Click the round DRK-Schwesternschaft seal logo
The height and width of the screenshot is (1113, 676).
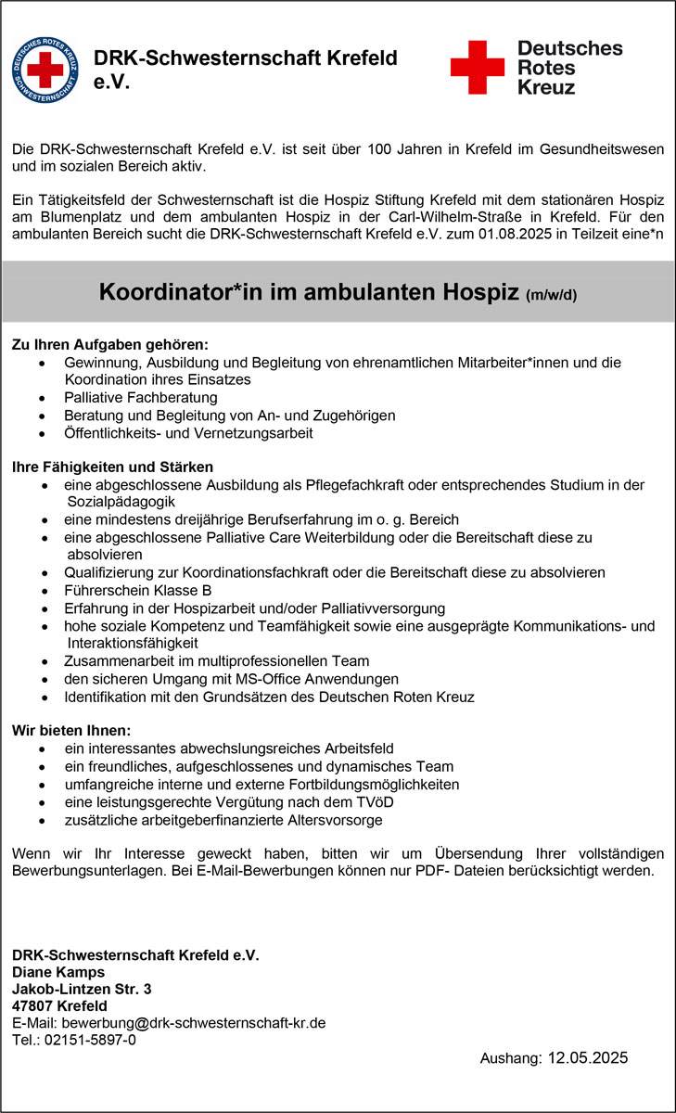45,68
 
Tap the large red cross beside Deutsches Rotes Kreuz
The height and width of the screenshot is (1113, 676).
477,67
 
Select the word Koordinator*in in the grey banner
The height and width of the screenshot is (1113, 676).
172,293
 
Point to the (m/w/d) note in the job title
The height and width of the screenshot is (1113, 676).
551,296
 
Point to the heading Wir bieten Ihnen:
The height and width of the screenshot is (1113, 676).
71,729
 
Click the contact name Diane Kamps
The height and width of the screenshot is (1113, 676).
57,972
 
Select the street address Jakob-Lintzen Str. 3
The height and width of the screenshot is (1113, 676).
82,989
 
